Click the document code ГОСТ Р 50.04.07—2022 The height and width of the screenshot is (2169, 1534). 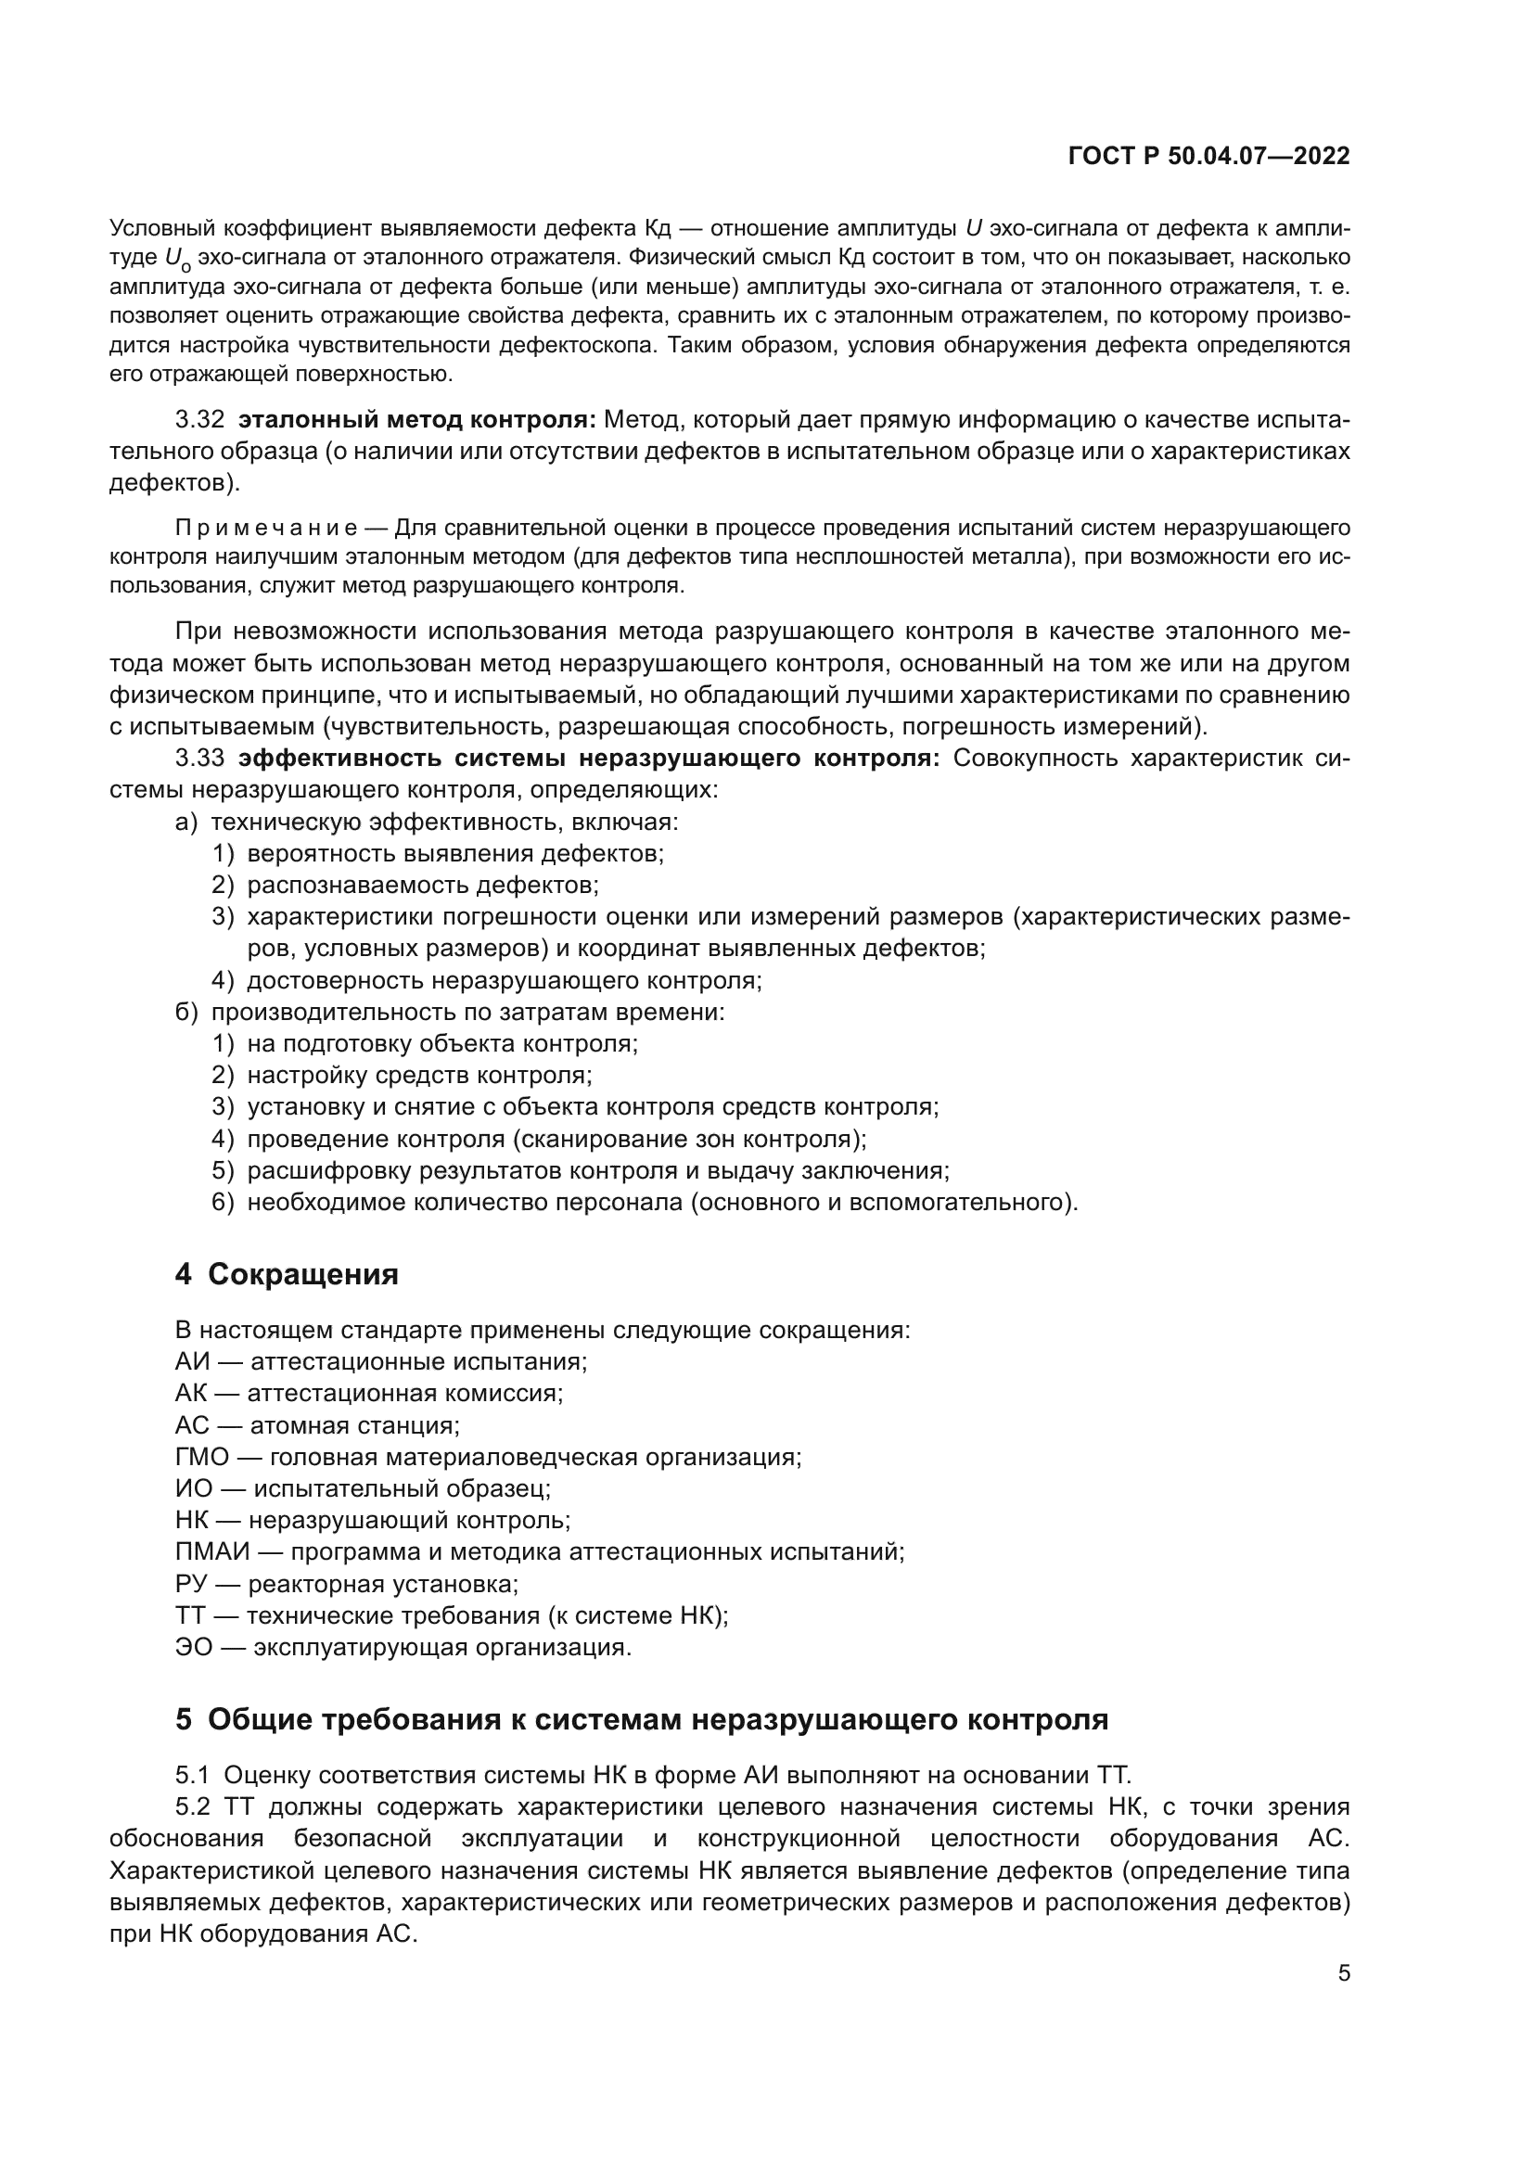(x=1208, y=156)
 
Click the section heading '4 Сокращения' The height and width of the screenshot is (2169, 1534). (x=287, y=1274)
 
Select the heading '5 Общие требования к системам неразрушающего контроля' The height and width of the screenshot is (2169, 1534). (x=642, y=1720)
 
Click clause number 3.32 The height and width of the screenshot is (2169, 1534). (x=199, y=419)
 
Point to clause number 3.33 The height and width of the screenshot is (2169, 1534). (x=199, y=759)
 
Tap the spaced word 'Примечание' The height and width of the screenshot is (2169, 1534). (x=265, y=527)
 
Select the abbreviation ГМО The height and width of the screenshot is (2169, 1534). (x=202, y=1457)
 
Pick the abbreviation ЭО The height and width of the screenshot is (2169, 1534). (x=194, y=1648)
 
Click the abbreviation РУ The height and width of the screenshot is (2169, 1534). (x=192, y=1584)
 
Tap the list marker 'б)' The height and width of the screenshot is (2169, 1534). (x=186, y=1013)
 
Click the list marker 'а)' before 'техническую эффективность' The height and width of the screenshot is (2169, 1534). (x=186, y=822)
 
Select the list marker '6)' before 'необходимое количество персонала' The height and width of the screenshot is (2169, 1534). (x=222, y=1203)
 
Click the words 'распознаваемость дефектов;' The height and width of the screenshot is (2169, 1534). (x=422, y=886)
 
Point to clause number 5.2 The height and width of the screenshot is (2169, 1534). (x=193, y=1807)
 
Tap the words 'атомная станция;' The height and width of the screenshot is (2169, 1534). (x=354, y=1425)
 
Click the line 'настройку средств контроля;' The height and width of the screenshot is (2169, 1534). (x=419, y=1076)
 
